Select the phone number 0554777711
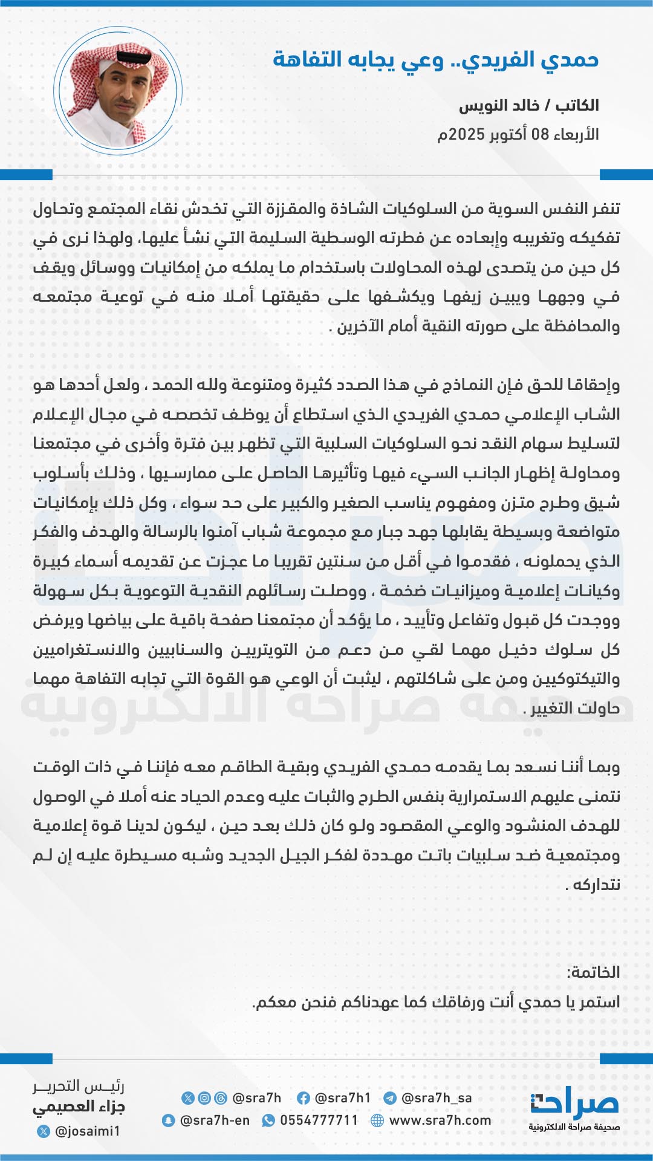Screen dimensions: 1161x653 coord(319,1120)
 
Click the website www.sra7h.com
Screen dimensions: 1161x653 coord(440,1120)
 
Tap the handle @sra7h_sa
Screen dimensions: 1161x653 coord(436,1098)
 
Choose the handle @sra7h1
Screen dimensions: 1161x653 coord(343,1098)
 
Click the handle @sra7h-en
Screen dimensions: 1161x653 coord(215,1120)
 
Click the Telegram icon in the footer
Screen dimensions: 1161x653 coord(390,1098)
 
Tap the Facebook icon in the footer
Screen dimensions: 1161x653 coord(304,1098)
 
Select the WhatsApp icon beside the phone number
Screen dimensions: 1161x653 coord(268,1120)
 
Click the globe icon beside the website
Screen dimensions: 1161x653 coord(377,1120)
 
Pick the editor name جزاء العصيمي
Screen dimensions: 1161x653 coord(79,1107)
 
